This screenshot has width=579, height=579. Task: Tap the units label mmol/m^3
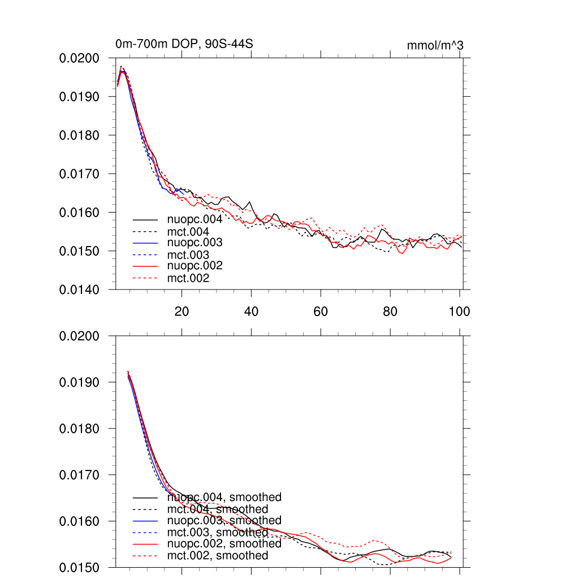[x=435, y=45]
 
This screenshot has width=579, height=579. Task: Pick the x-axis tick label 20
[x=182, y=312]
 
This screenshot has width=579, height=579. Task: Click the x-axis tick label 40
[x=251, y=312]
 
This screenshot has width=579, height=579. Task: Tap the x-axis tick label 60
[x=321, y=312]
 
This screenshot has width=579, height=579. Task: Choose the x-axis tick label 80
[x=390, y=312]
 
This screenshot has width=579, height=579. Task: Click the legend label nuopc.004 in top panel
[x=195, y=219]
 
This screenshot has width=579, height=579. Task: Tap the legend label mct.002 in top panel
[x=188, y=278]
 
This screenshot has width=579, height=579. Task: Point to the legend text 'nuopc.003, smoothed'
[x=224, y=520]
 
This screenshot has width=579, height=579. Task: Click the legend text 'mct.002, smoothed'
[x=218, y=556]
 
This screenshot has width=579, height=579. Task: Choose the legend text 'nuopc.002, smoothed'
[x=224, y=543]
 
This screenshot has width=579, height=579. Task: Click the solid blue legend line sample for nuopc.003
[x=145, y=243]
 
